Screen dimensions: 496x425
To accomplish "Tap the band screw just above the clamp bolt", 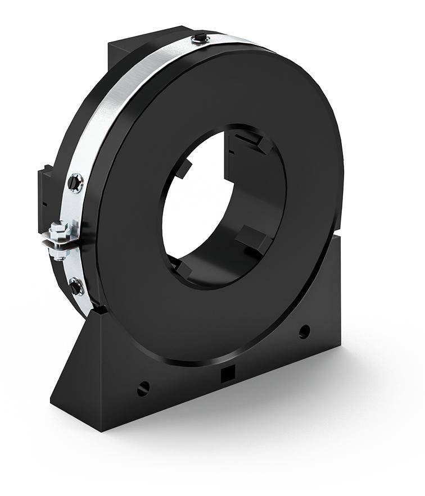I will tap(75, 181).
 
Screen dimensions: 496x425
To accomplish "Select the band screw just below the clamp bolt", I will tap(75, 286).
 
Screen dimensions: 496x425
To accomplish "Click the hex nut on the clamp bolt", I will tap(57, 230).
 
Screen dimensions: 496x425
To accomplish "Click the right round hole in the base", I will tap(304, 331).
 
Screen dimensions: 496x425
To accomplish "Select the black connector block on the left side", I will tap(44, 197).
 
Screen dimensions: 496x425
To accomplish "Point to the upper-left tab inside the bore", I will tap(184, 168).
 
